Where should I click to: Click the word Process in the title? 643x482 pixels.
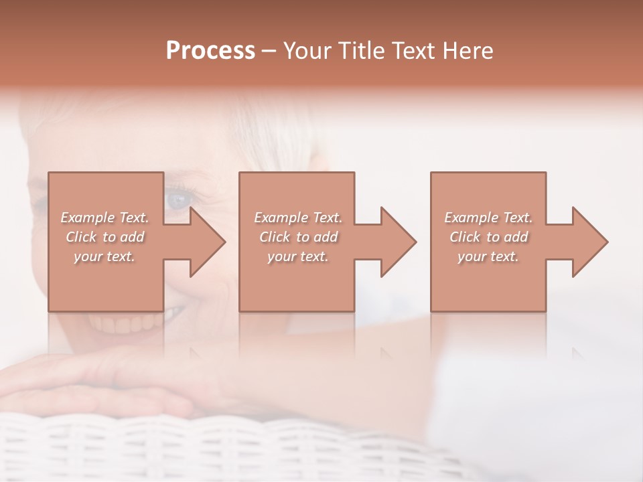tap(210, 51)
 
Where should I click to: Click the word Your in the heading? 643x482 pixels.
tap(307, 51)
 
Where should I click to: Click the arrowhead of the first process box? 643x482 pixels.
tap(208, 242)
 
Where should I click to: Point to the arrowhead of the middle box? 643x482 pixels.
tap(399, 242)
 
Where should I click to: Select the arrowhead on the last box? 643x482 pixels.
tap(590, 242)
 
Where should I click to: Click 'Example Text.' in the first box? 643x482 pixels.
tap(104, 218)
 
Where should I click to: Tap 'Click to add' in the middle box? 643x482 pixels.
tap(298, 237)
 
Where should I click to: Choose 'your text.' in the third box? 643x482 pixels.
tap(488, 256)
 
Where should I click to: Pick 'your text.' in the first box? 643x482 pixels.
tap(104, 256)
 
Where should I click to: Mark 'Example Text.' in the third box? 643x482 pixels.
tap(488, 218)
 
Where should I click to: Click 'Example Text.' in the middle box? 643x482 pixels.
tap(298, 218)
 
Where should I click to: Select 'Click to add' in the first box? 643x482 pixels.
tap(104, 237)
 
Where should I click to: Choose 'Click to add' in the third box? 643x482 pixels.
tap(488, 237)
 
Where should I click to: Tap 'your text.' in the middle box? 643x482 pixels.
tap(298, 256)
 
